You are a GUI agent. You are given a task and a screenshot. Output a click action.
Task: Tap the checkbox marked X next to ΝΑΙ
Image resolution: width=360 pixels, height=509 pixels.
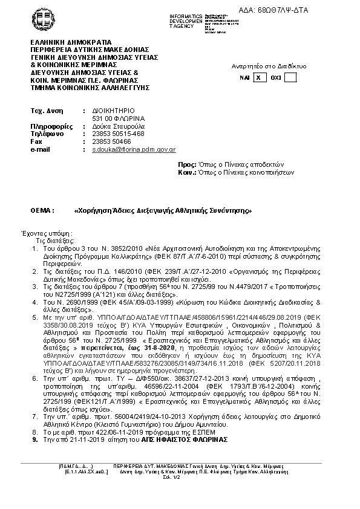pyautogui.click(x=259, y=77)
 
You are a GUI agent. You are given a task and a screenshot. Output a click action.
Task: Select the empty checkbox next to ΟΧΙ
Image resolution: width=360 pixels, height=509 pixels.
pyautogui.click(x=290, y=77)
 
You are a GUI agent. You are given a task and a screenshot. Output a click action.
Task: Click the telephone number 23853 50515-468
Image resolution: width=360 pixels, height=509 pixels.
pyautogui.click(x=118, y=134)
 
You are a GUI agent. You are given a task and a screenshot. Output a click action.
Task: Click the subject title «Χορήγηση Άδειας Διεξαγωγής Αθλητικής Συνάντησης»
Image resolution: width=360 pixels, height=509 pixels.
pyautogui.click(x=162, y=210)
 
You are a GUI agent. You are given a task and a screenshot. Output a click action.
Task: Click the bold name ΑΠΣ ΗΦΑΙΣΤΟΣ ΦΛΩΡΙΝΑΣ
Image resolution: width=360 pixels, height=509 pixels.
pyautogui.click(x=187, y=439)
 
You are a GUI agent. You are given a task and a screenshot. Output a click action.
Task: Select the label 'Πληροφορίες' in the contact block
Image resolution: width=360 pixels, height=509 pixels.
pyautogui.click(x=48, y=126)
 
